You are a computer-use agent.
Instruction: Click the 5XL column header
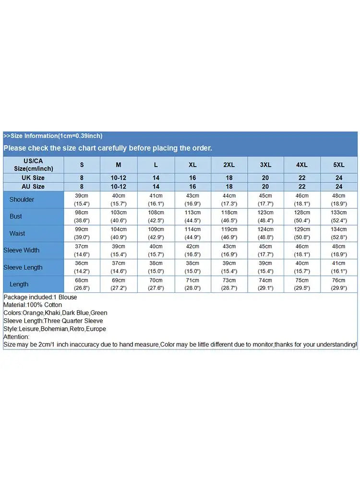[x=339, y=165]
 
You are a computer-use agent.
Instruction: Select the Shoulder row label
[x=22, y=199]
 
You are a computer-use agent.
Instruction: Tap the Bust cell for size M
[x=119, y=216]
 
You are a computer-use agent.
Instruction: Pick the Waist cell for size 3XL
[x=265, y=233]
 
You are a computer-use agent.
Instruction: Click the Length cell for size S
[x=82, y=284]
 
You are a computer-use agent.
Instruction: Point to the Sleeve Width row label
[x=22, y=250]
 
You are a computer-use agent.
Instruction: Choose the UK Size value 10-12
[x=119, y=178]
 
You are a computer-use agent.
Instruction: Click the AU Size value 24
[x=339, y=186]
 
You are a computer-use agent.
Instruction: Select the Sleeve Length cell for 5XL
[x=339, y=267]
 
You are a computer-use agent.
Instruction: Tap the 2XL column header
[x=229, y=165]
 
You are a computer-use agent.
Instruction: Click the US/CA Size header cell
[x=33, y=165]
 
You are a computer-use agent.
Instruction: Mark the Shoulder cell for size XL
[x=192, y=199]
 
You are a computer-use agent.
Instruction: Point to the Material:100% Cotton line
[x=33, y=305]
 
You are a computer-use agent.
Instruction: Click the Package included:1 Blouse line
[x=40, y=297]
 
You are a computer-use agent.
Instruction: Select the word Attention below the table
[x=16, y=336]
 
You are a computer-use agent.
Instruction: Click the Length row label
[x=19, y=284]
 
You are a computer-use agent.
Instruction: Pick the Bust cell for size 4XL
[x=302, y=216]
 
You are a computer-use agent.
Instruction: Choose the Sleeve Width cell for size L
[x=156, y=250]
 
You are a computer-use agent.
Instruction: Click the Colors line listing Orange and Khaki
[x=55, y=313]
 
